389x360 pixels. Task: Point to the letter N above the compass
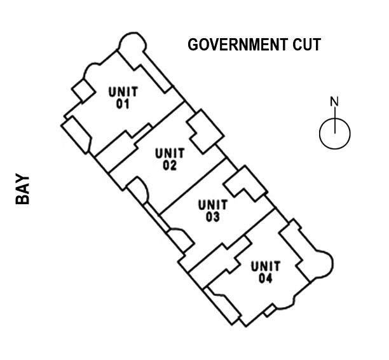coord(334,101)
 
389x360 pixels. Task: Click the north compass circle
coord(334,133)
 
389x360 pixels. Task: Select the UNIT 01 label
coord(123,97)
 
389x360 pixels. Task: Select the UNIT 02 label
coord(170,159)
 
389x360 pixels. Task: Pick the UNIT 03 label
coord(212,211)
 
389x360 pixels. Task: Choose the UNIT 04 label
coord(266,272)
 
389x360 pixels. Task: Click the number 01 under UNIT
coord(123,104)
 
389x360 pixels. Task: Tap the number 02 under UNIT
coord(170,165)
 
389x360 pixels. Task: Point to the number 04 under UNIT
coord(266,278)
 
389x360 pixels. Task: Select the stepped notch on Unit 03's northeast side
coord(245,184)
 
